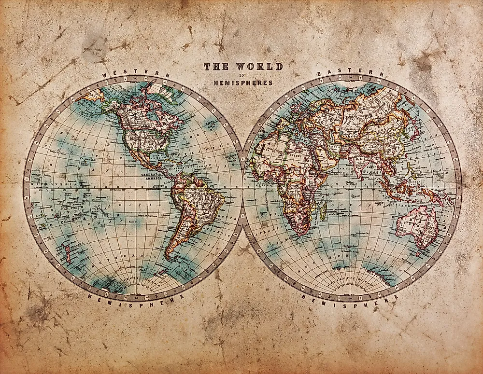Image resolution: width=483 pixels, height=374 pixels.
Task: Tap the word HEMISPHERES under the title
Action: point(243,83)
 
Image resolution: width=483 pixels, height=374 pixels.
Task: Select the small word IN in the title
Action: point(243,75)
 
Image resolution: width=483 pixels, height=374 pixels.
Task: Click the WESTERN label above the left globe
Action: point(136,74)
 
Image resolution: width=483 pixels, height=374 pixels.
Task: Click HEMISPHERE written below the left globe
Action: point(136,295)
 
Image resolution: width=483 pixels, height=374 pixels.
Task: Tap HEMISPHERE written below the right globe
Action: point(351,295)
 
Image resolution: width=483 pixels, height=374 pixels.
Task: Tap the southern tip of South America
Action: point(169,256)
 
